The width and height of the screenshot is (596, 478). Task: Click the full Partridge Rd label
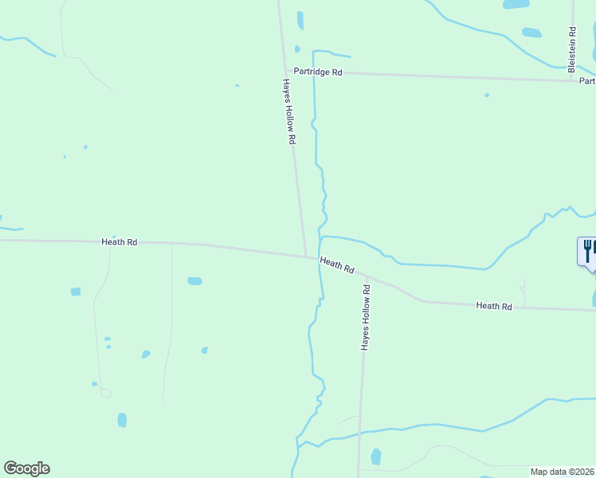317,72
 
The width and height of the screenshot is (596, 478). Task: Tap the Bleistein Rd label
572,49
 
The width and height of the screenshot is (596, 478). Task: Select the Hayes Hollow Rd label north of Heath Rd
290,112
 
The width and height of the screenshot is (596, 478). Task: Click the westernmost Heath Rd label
120,241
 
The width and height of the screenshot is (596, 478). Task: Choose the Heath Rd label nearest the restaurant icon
493,306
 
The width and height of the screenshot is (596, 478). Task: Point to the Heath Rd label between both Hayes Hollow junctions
337,264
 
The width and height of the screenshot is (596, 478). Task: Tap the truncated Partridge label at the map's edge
587,80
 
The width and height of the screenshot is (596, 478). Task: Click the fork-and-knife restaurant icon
587,251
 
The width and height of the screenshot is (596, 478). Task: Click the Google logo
26,468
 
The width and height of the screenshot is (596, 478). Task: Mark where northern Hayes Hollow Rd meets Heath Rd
307,256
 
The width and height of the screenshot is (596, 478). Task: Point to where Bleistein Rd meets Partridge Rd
572,80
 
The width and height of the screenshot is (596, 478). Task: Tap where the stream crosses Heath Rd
320,260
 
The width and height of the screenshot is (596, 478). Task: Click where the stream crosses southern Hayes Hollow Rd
360,433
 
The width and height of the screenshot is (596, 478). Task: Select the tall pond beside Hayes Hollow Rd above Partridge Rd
300,20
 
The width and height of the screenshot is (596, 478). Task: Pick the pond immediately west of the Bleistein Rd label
531,33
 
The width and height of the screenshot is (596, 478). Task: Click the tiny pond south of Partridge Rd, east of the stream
486,96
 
